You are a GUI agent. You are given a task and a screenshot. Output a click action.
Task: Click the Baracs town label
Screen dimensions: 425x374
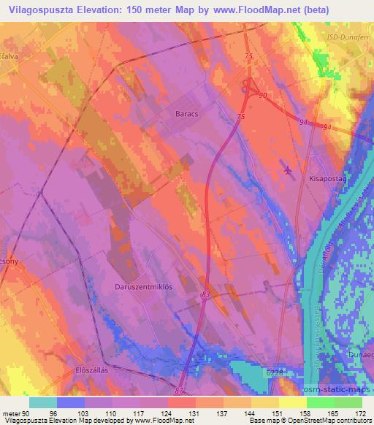(187, 114)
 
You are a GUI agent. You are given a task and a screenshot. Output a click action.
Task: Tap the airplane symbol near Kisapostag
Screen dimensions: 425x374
(287, 170)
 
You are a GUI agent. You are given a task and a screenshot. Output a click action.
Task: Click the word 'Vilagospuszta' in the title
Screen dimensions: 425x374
(42, 10)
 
